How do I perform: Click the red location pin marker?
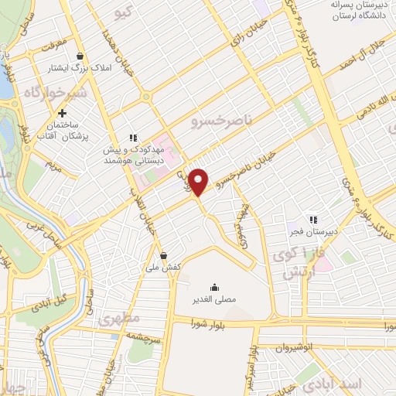coord(199,182)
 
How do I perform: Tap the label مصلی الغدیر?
coord(213,299)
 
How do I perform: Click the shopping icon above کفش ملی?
coord(163,255)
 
